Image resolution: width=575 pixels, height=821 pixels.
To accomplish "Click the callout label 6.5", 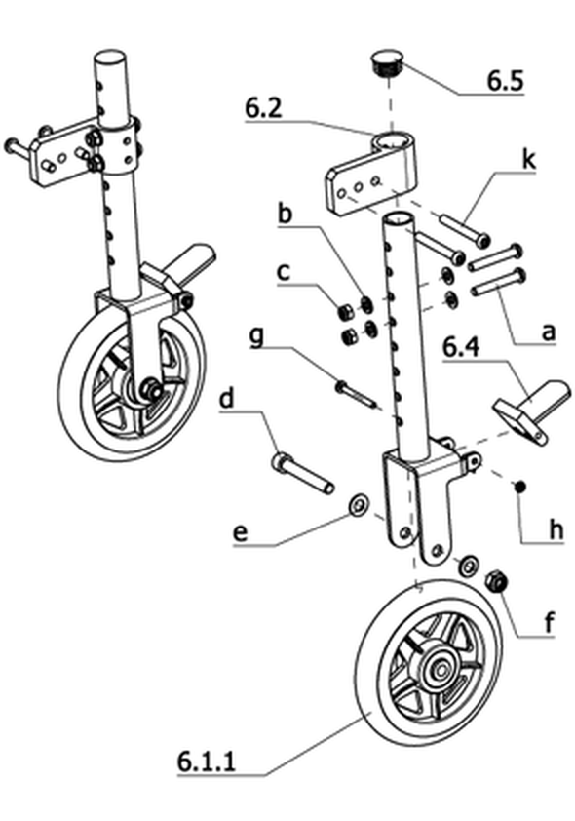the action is coord(505,81).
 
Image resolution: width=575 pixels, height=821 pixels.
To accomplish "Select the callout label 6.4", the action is coord(462,348).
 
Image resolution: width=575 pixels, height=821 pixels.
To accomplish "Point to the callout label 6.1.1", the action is coord(207,761).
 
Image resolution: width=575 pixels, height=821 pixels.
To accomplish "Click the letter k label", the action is coord(529,160).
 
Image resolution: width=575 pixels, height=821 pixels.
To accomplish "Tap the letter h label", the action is coord(556,529).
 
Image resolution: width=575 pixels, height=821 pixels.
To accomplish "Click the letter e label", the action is coord(240,533).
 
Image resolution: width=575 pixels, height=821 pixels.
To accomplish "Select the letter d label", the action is coord(226,399).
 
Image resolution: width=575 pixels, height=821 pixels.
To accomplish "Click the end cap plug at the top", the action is coord(388,62).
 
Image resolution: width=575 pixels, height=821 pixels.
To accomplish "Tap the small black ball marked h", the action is coord(519,487).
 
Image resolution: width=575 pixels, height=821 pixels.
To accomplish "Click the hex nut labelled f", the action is coord(496,582).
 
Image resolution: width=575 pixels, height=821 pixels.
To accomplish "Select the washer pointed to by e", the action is coord(359,505).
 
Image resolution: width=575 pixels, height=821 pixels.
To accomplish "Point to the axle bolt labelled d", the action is coord(302,473).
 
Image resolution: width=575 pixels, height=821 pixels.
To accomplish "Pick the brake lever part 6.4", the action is coord(529,410).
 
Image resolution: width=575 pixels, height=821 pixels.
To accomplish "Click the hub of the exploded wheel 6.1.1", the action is coord(440,670).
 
